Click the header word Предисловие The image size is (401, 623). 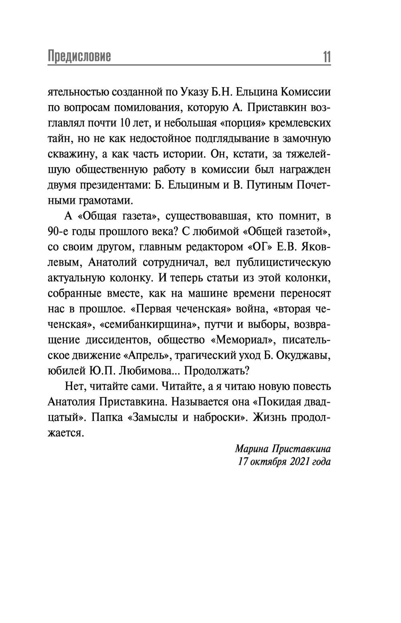pyautogui.click(x=79, y=57)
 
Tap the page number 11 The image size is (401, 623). pyautogui.click(x=326, y=57)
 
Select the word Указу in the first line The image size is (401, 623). pyautogui.click(x=186, y=92)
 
